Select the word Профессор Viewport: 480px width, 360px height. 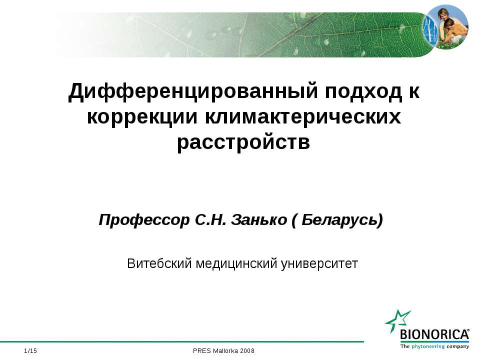[x=144, y=220]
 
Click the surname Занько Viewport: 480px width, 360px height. [x=258, y=220]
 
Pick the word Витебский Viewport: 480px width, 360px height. [x=159, y=263]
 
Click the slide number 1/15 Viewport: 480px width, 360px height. [x=30, y=351]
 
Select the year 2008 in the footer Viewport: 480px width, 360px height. [x=247, y=351]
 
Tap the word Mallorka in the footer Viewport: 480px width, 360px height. [x=225, y=351]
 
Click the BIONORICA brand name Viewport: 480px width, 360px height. [x=434, y=334]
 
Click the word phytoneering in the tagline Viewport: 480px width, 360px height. [x=428, y=347]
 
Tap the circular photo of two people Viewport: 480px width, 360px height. [x=445, y=27]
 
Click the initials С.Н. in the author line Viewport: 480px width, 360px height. [x=210, y=220]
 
